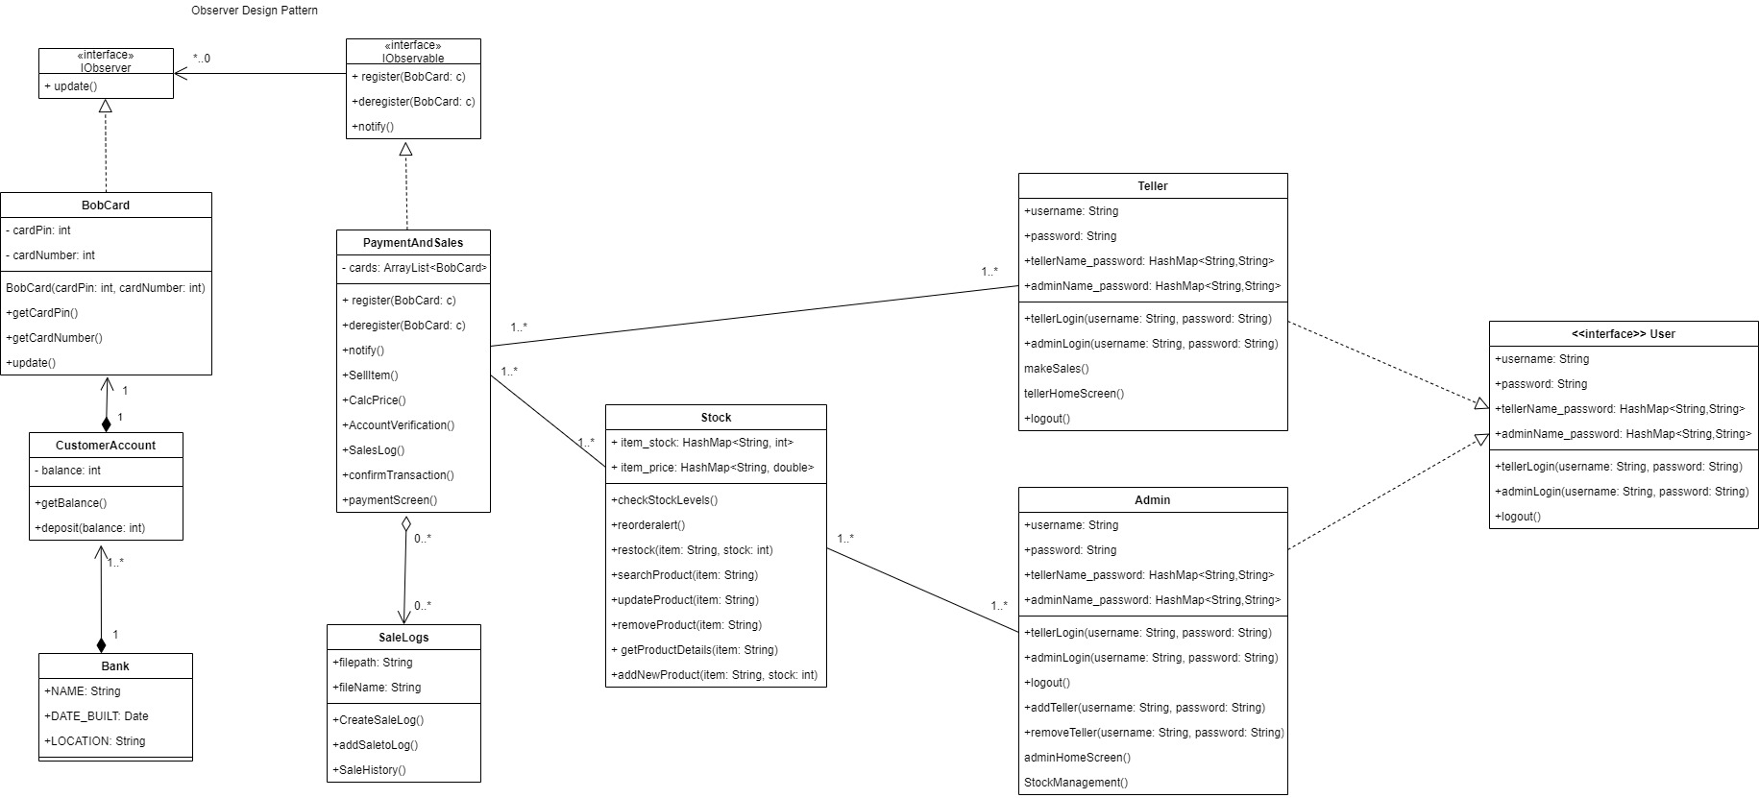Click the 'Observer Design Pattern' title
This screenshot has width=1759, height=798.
click(255, 11)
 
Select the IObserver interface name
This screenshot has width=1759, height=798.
click(106, 68)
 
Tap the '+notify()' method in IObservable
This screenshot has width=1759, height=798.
click(373, 127)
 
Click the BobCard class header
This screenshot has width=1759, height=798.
click(106, 206)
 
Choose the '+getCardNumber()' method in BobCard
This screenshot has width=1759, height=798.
click(54, 338)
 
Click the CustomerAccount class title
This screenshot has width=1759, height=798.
click(106, 446)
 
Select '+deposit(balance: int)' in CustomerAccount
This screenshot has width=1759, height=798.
click(90, 528)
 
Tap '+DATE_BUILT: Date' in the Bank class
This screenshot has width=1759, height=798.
click(96, 716)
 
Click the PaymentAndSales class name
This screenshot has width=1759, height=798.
click(413, 243)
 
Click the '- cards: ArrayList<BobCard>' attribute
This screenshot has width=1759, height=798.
click(414, 268)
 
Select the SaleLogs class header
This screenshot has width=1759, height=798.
click(403, 638)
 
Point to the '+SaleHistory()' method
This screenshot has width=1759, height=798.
click(370, 770)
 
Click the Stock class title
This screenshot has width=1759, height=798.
click(716, 418)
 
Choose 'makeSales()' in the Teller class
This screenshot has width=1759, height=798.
click(1057, 369)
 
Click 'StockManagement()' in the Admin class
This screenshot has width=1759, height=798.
click(1076, 783)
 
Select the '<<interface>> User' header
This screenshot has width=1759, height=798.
click(1623, 334)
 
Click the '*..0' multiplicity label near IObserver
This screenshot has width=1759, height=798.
click(202, 59)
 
